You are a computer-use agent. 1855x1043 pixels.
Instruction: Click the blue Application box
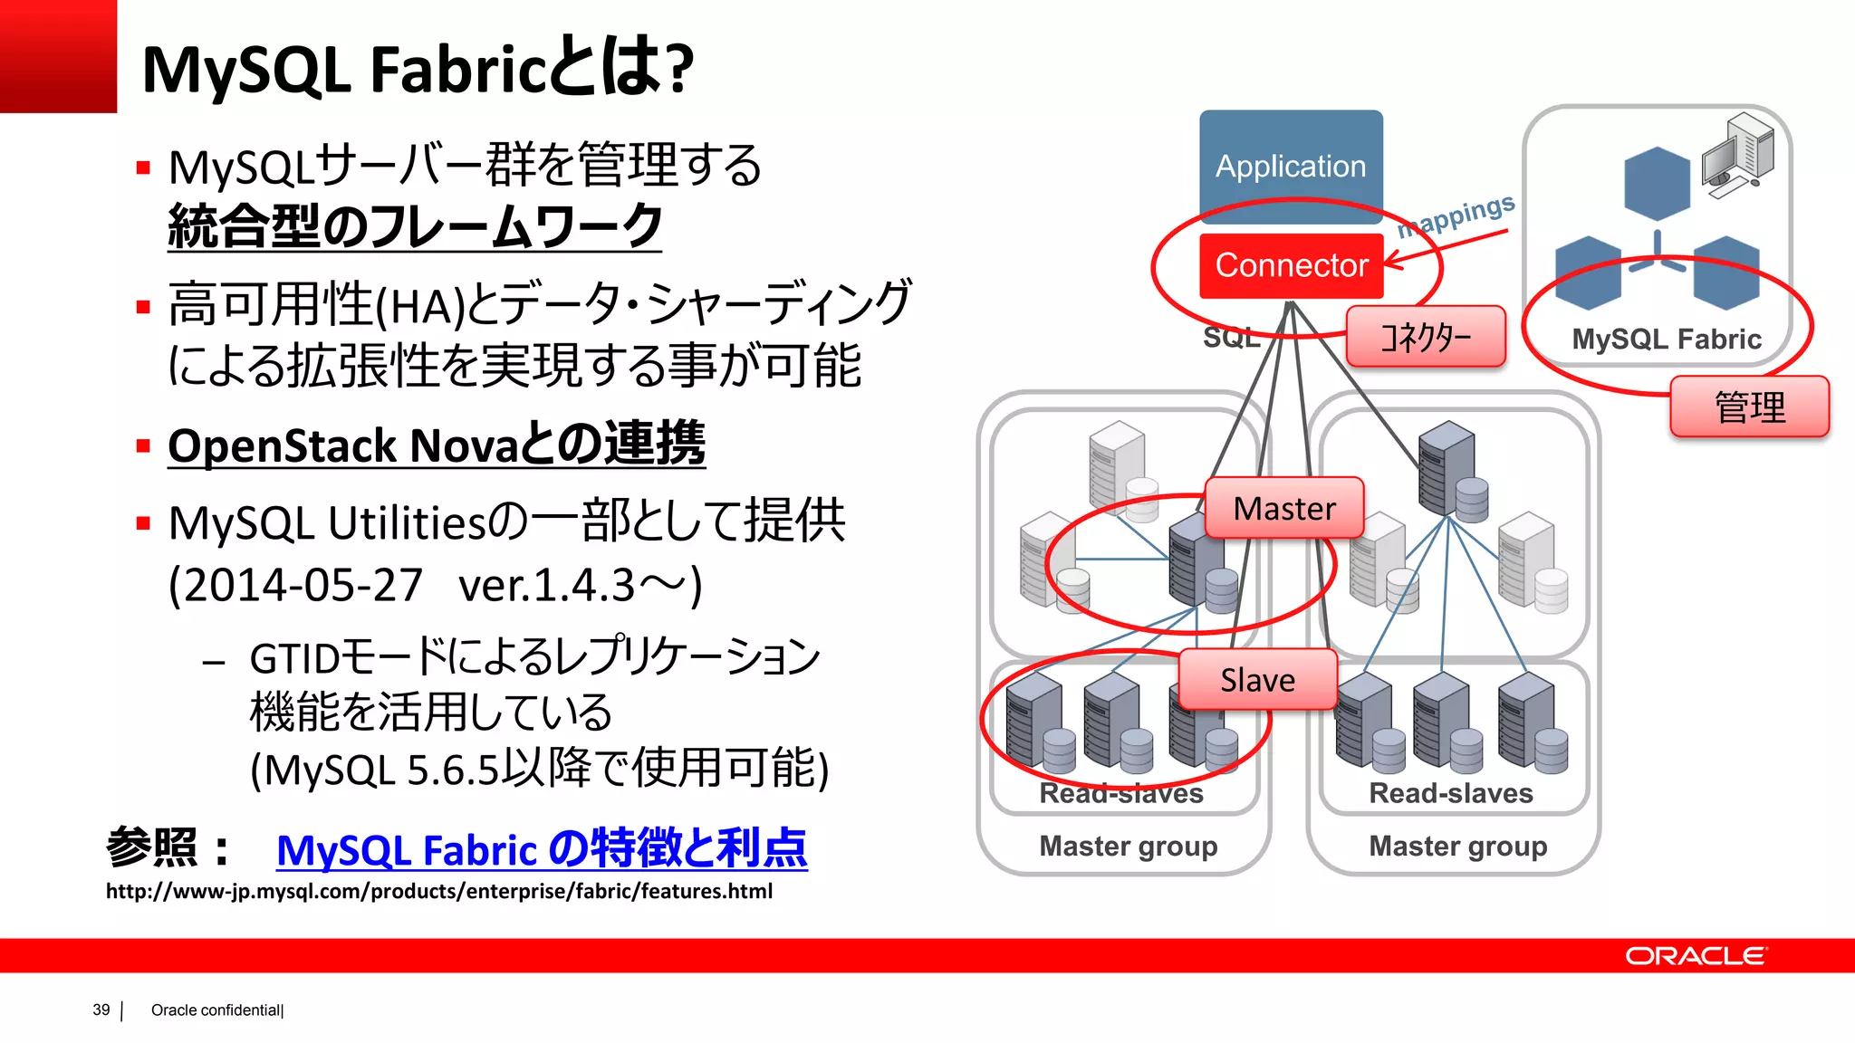[x=1291, y=166]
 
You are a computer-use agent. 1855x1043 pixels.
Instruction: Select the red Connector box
[x=1291, y=265]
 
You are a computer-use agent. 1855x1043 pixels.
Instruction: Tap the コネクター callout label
[x=1426, y=337]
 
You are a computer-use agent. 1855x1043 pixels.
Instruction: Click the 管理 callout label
[x=1749, y=407]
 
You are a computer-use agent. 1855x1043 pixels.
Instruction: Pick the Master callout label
[x=1284, y=509]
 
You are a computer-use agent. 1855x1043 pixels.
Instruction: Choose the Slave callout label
[x=1257, y=680]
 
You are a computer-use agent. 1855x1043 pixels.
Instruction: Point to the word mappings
[x=1456, y=215]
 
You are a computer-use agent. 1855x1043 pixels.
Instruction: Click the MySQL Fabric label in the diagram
[x=1666, y=340]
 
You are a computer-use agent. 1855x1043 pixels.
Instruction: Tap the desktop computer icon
[x=1736, y=155]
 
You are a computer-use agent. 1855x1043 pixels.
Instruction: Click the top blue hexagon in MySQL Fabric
[x=1657, y=184]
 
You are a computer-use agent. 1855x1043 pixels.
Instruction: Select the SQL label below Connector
[x=1230, y=339]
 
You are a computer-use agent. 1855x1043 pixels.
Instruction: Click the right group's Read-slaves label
[x=1450, y=793]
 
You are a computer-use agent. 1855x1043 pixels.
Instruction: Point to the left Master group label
[x=1128, y=846]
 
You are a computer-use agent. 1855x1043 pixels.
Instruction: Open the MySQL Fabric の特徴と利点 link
[x=541, y=849]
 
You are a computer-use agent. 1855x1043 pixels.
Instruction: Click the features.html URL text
[x=439, y=892]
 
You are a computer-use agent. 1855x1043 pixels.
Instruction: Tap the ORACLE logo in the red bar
[x=1695, y=956]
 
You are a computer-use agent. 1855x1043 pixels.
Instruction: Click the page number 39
[x=101, y=1010]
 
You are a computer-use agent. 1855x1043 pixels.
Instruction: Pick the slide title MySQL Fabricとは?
[x=418, y=70]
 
